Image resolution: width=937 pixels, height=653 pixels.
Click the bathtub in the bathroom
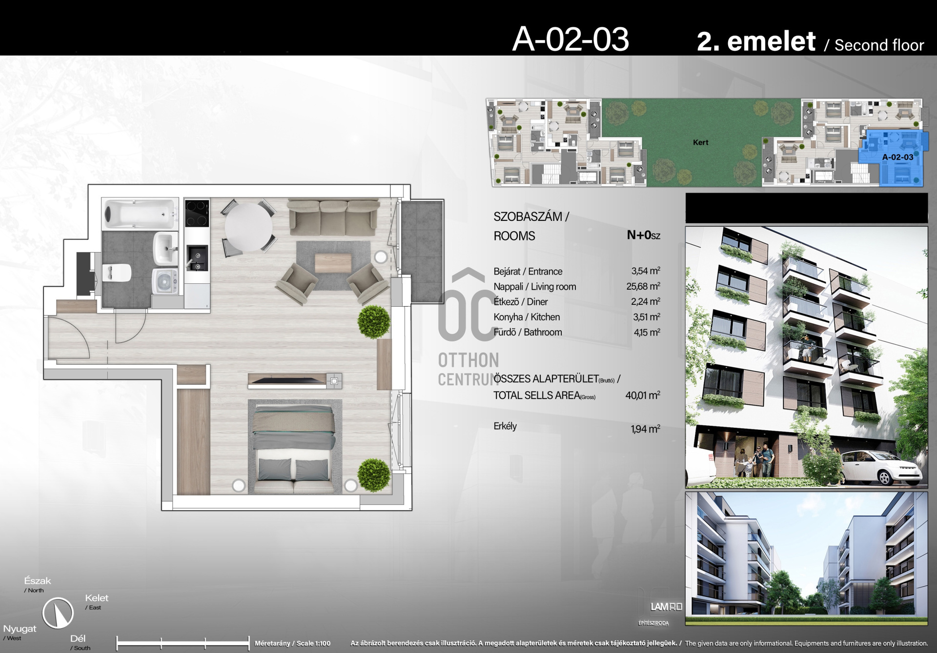pyautogui.click(x=141, y=214)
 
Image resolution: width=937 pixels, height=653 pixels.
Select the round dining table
pyautogui.click(x=248, y=227)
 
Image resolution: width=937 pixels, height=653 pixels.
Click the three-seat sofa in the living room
pyautogui.click(x=334, y=217)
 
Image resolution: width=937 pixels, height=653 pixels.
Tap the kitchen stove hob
pyautogui.click(x=197, y=214)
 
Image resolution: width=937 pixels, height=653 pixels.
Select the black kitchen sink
pyautogui.click(x=197, y=257)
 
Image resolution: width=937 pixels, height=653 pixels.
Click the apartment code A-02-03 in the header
pyautogui.click(x=570, y=39)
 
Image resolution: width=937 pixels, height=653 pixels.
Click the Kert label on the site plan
pyautogui.click(x=700, y=142)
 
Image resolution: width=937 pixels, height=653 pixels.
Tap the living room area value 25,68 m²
pyautogui.click(x=643, y=286)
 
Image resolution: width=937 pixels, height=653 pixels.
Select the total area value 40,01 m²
pyautogui.click(x=643, y=395)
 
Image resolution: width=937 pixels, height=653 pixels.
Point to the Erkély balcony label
pyautogui.click(x=505, y=426)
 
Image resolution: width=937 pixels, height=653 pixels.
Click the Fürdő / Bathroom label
pyautogui.click(x=528, y=332)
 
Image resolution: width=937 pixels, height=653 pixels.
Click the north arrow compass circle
pyautogui.click(x=58, y=613)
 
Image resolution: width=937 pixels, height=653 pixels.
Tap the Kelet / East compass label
pyautogui.click(x=97, y=602)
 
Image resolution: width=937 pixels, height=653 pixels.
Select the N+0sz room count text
pyautogui.click(x=643, y=235)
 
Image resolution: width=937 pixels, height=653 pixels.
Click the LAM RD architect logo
pyautogui.click(x=666, y=607)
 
